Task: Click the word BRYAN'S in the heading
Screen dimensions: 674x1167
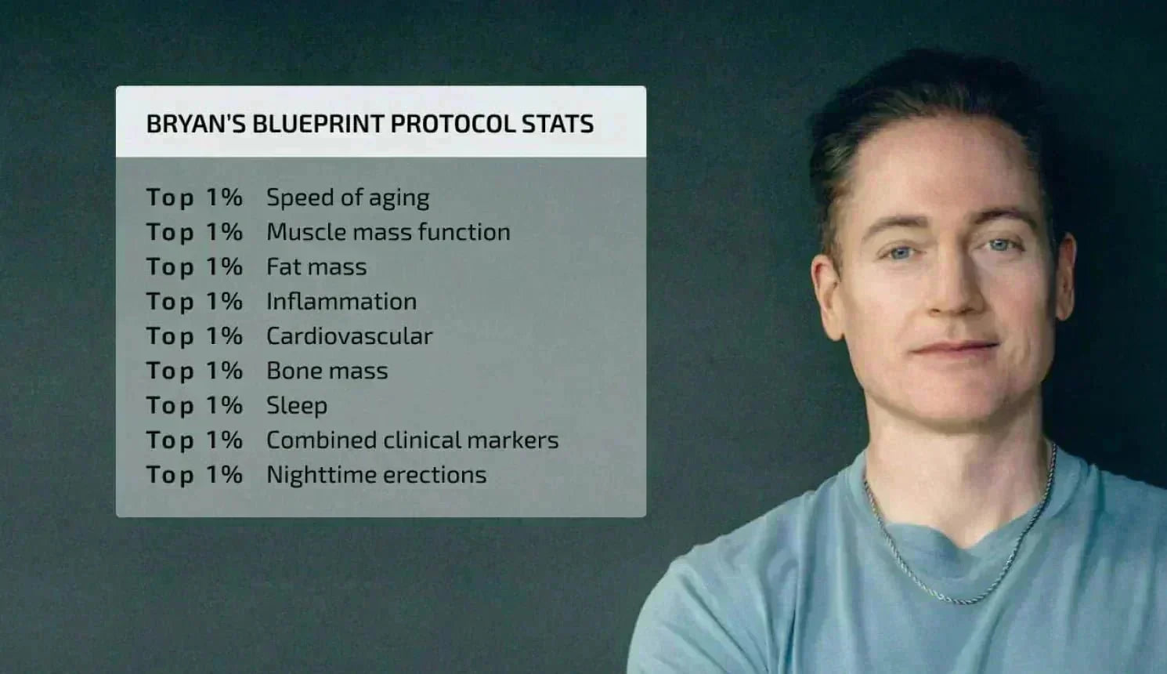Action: (196, 124)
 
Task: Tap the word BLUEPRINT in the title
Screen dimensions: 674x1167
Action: (317, 124)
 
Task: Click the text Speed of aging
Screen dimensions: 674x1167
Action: (348, 198)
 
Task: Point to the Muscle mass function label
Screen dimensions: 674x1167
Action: (388, 233)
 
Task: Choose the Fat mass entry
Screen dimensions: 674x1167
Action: (316, 267)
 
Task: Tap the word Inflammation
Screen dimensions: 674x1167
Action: (341, 302)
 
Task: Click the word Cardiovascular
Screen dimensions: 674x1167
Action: (349, 336)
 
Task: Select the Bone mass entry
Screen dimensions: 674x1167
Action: (327, 371)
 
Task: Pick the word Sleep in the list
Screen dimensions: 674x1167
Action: (296, 406)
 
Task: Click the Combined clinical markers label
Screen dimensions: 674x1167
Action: (412, 440)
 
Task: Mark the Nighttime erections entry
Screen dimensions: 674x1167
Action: (376, 475)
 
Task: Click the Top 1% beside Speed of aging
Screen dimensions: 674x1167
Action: (194, 198)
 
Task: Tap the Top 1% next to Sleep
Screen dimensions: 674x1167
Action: (194, 406)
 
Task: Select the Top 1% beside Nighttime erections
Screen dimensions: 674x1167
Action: (194, 475)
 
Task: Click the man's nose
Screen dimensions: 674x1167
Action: (950, 294)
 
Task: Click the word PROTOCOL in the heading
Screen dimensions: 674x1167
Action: (453, 124)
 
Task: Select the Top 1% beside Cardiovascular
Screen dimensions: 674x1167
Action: (194, 336)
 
